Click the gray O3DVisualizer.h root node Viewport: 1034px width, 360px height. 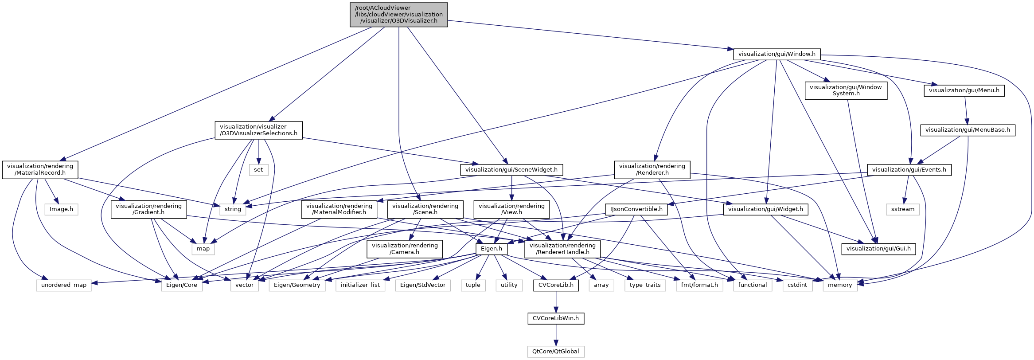(x=398, y=15)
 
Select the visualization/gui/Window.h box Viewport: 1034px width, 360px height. (x=776, y=54)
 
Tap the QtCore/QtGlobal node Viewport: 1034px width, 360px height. (x=555, y=352)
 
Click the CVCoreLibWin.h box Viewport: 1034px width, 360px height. (x=556, y=318)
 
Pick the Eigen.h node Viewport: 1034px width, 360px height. (x=491, y=249)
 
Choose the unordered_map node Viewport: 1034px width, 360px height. (x=64, y=285)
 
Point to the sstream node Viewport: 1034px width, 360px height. (x=902, y=209)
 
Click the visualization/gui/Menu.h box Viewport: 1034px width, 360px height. (x=964, y=90)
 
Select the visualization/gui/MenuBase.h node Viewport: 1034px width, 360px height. (x=968, y=130)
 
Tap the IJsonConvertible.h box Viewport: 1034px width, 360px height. (x=636, y=209)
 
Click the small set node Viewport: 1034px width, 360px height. (x=258, y=170)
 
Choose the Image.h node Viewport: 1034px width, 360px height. (x=61, y=209)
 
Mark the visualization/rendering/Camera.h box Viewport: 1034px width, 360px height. (x=405, y=249)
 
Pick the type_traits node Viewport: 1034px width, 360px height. (x=645, y=285)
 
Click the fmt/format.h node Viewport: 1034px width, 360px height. (x=699, y=285)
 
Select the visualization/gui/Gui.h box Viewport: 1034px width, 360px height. (x=878, y=249)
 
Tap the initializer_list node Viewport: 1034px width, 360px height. (x=360, y=285)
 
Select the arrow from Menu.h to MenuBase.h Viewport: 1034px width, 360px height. (x=966, y=110)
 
